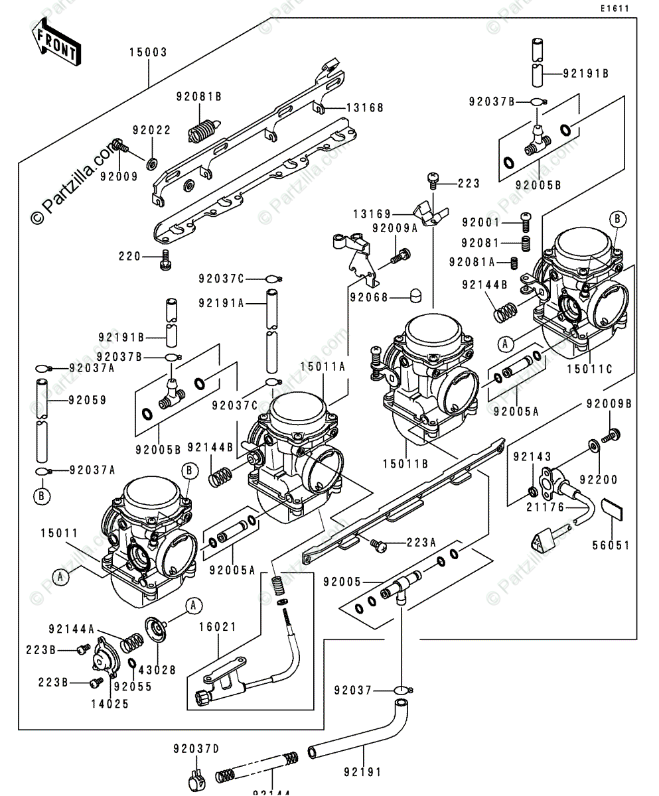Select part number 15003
pyautogui.click(x=148, y=51)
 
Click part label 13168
pyautogui.click(x=364, y=107)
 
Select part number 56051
pyautogui.click(x=612, y=545)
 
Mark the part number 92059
pyautogui.click(x=87, y=401)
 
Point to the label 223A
pyautogui.click(x=421, y=543)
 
